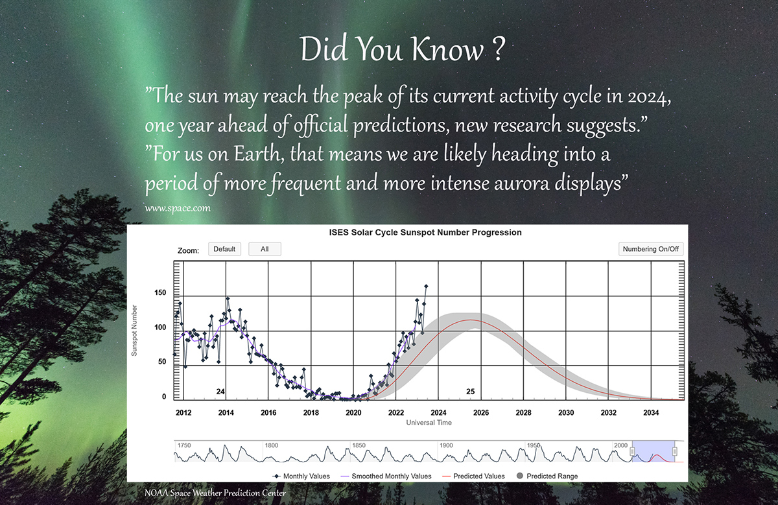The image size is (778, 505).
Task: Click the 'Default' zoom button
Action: click(224, 249)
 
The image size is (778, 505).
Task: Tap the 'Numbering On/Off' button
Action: click(650, 249)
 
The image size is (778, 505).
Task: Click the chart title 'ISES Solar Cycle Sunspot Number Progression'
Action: click(425, 232)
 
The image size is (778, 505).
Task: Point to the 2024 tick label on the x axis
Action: click(438, 412)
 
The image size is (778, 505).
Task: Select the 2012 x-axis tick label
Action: click(183, 412)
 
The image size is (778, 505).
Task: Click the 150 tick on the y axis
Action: click(160, 292)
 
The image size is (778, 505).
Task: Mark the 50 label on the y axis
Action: click(162, 362)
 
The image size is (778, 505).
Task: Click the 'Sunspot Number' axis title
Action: click(134, 331)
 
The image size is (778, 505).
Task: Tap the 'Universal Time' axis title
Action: click(429, 422)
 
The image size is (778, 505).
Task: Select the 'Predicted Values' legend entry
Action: click(473, 476)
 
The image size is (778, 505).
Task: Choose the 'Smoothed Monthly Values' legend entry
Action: click(386, 476)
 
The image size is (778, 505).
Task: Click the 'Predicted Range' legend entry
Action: click(547, 476)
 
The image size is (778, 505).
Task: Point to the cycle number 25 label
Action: click(470, 392)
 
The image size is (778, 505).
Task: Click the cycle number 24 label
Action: click(220, 392)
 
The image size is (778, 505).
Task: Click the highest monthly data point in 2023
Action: click(426, 286)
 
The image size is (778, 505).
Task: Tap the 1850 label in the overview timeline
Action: click(359, 445)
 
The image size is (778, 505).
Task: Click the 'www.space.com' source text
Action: click(178, 208)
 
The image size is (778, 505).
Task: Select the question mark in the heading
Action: click(499, 49)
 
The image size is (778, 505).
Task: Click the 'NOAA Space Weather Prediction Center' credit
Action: click(215, 493)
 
